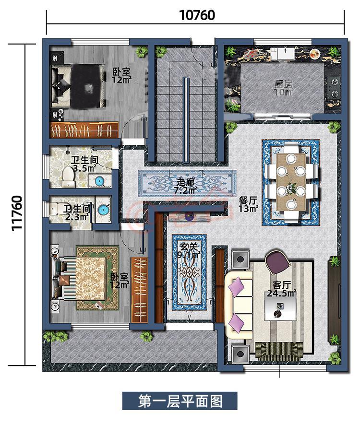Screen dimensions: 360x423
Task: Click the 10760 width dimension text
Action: click(197, 15)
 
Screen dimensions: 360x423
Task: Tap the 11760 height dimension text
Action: click(17, 213)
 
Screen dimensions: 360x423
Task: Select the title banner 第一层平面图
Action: click(180, 400)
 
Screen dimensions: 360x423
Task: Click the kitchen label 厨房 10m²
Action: click(284, 88)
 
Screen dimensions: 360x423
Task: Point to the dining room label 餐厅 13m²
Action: click(248, 204)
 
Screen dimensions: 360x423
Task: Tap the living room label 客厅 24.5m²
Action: click(281, 289)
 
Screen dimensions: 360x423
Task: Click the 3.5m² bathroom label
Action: click(85, 164)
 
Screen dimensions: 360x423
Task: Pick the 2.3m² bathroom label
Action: click(77, 212)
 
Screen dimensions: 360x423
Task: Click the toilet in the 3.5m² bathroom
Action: click(68, 177)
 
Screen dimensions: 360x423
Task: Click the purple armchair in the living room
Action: click(277, 262)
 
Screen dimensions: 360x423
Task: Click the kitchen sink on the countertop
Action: click(283, 53)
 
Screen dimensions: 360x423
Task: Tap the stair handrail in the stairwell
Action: click(185, 119)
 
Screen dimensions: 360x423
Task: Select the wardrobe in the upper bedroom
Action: click(84, 130)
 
